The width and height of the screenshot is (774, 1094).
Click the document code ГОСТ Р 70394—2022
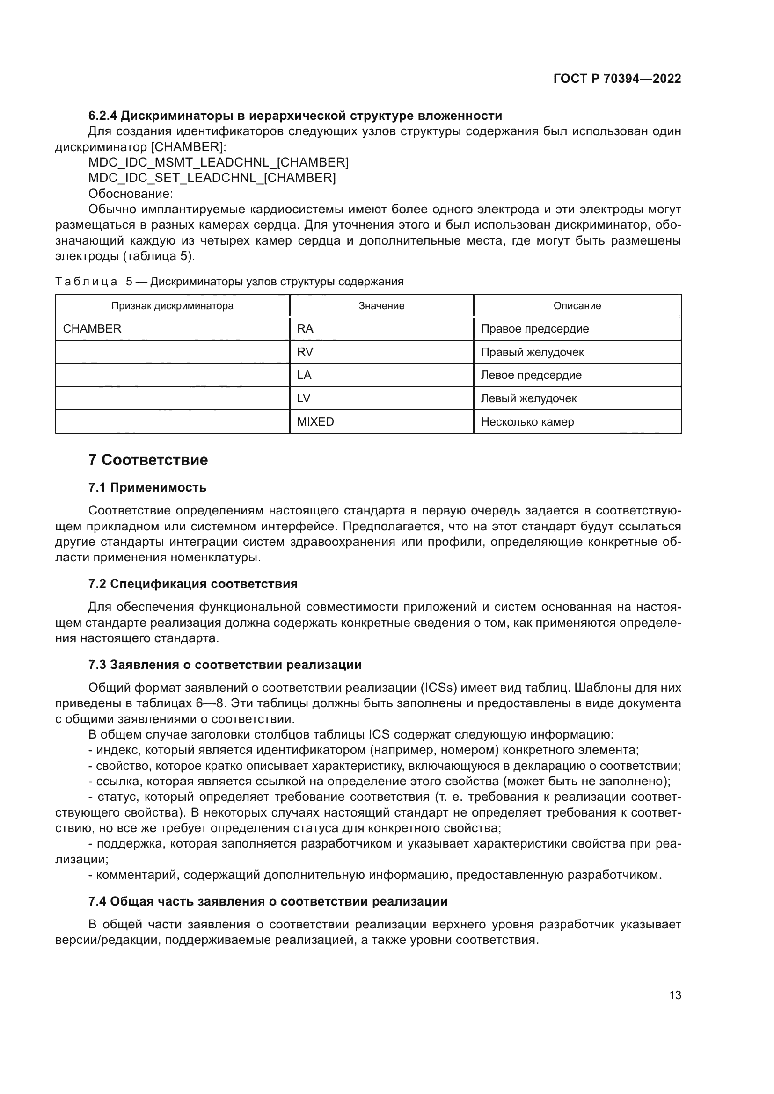617,79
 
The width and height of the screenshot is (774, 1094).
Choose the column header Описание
577,306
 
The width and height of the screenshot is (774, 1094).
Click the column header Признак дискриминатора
173,306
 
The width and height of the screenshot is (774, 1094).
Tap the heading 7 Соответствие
148,460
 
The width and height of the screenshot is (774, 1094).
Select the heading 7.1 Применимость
147,487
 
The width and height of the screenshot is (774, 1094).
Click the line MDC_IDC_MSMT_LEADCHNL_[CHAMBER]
218,162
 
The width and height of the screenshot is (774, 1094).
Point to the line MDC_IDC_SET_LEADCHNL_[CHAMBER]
212,178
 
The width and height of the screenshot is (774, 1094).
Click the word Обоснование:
131,194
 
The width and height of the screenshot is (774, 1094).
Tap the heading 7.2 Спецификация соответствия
193,584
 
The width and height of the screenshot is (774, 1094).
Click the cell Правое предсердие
535,329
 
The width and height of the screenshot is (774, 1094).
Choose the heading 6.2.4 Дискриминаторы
295,116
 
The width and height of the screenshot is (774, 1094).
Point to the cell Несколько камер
527,422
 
